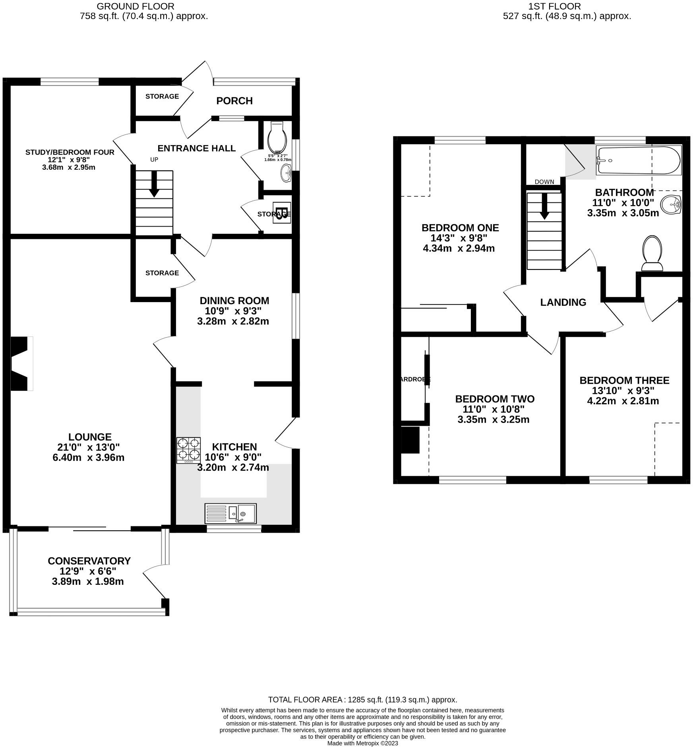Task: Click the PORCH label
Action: [x=234, y=101]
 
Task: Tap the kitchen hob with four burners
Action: [x=189, y=450]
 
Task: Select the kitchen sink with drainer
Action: [x=230, y=513]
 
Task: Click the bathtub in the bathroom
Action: [x=639, y=161]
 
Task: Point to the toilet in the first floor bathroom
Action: [x=652, y=253]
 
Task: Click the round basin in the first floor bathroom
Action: [x=671, y=205]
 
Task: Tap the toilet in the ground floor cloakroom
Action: [x=277, y=138]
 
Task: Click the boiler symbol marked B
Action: [x=281, y=213]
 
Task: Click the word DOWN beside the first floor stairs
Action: [x=544, y=182]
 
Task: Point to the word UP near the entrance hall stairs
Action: [x=154, y=159]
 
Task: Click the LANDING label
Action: [x=563, y=302]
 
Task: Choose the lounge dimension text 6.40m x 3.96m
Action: [x=88, y=458]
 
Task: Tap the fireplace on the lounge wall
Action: [x=20, y=363]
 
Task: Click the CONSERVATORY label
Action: [x=89, y=561]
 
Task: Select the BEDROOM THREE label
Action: [x=624, y=380]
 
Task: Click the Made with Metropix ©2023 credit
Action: [x=362, y=743]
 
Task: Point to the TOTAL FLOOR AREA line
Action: [x=362, y=700]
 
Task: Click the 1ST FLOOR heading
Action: [x=554, y=6]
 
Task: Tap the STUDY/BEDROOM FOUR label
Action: [x=70, y=152]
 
